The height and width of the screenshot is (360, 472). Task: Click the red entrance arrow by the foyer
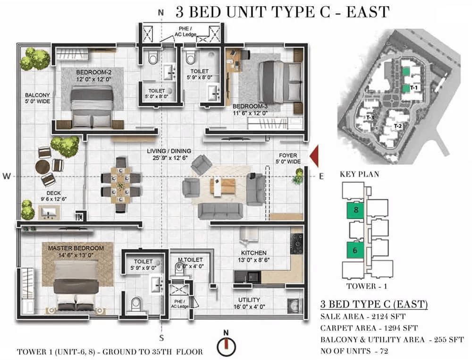(314, 156)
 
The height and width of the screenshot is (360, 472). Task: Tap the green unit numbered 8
(355, 210)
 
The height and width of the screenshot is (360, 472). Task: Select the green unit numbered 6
(355, 250)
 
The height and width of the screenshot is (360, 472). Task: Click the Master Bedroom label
(76, 248)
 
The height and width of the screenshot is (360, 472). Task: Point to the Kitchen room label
(254, 253)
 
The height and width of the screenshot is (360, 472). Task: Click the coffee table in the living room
(223, 186)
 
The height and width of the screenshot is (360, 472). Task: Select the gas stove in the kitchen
(296, 244)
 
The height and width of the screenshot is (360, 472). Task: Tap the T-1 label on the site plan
(414, 88)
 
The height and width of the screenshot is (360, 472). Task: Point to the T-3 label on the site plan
(370, 118)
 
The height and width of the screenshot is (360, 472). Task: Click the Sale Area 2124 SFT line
(362, 317)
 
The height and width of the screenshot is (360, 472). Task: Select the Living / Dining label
(169, 151)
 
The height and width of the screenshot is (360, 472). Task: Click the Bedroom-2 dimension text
(93, 79)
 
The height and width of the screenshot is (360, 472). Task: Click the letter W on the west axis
(6, 176)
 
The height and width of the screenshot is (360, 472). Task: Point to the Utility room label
(249, 300)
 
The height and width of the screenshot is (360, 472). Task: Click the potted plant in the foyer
(298, 176)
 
